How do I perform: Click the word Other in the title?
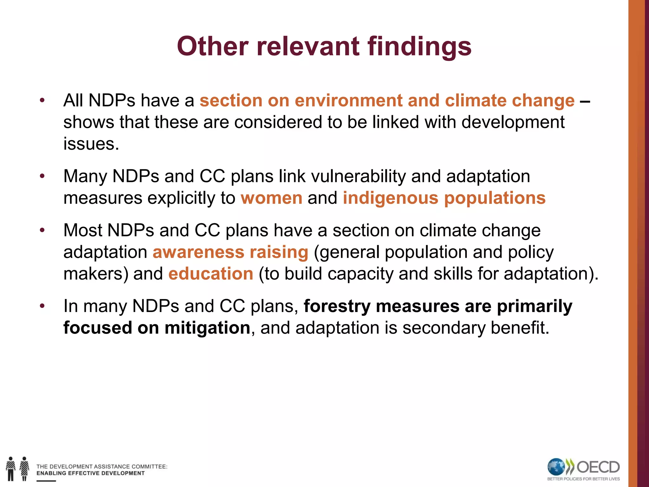tap(213, 46)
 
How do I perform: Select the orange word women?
tap(272, 198)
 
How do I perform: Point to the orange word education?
tap(211, 274)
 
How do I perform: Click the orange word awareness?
tap(198, 252)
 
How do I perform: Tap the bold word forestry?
tap(337, 306)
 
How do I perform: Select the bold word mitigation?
tap(208, 328)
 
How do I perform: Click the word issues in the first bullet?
tap(91, 144)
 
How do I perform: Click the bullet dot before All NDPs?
tap(42, 101)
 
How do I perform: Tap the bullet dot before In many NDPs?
tap(42, 306)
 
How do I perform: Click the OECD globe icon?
tap(556, 467)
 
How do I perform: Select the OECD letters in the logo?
tap(598, 467)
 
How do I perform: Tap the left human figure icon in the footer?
tap(11, 469)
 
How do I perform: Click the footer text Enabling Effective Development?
tap(90, 473)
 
